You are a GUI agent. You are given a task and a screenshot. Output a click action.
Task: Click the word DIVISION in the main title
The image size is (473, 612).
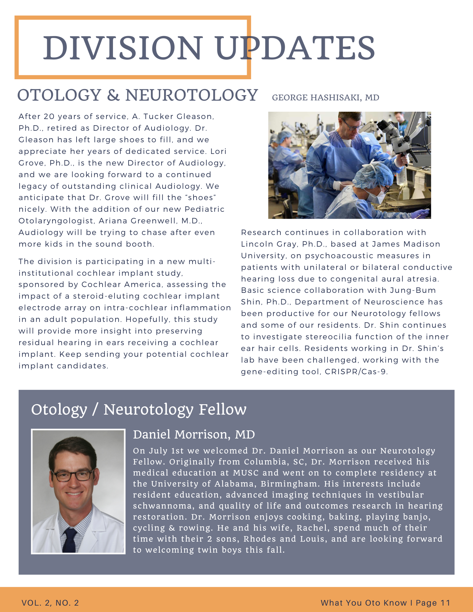[x=122, y=48]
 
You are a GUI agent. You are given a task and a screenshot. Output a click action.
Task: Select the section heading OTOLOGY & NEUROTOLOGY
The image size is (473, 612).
[x=137, y=95]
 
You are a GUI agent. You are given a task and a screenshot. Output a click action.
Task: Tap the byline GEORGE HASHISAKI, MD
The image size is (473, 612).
[x=325, y=98]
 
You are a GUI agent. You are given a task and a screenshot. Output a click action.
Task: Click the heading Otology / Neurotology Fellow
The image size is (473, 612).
[x=139, y=409]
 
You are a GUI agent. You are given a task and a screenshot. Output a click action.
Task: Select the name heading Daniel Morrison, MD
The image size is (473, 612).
[x=194, y=435]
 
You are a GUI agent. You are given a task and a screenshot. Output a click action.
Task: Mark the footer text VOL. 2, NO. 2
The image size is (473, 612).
[x=50, y=603]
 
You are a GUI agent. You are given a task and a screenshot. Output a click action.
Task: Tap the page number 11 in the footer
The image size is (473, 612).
[x=445, y=603]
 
